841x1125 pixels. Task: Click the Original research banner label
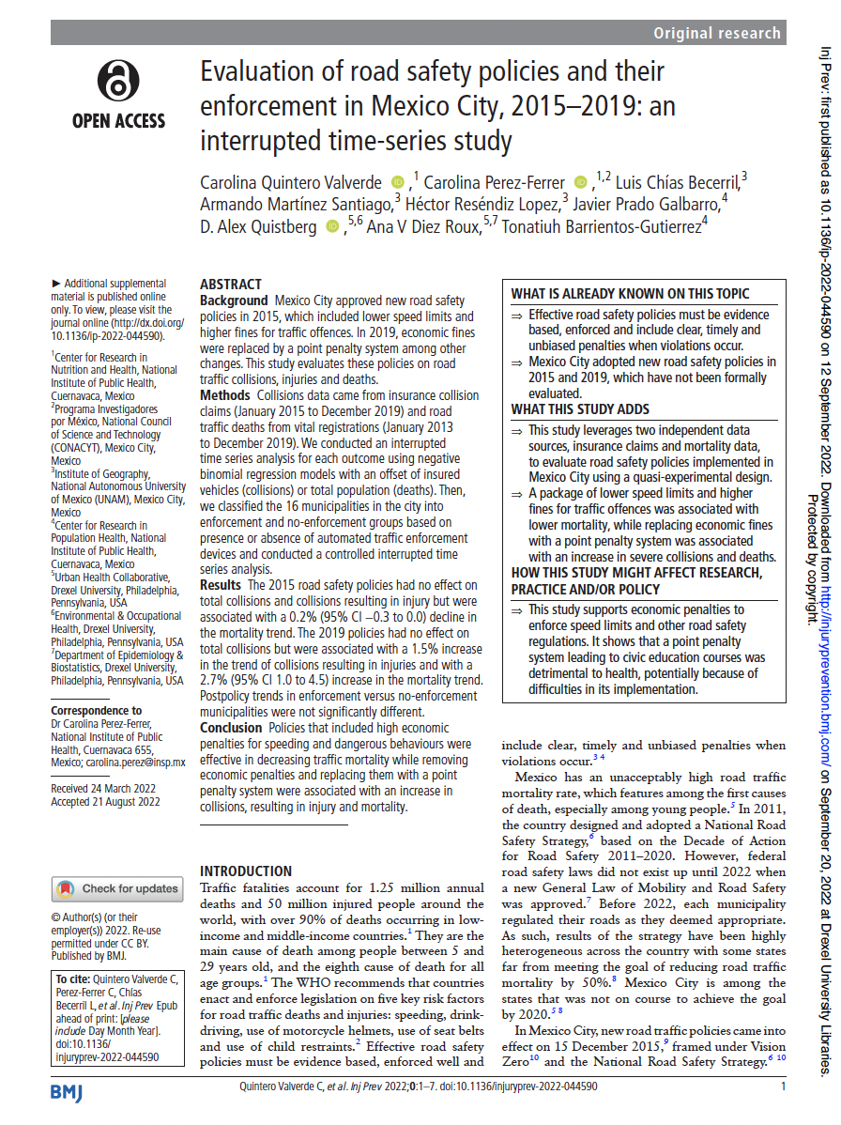(x=718, y=33)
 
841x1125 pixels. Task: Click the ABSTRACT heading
(x=231, y=285)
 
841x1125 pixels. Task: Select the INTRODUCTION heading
(x=246, y=871)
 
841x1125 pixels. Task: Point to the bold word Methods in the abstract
(x=224, y=396)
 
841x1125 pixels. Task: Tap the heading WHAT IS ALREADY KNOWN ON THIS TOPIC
(x=630, y=294)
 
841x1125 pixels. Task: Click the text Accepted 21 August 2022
(x=105, y=802)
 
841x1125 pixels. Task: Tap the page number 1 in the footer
(x=783, y=1086)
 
